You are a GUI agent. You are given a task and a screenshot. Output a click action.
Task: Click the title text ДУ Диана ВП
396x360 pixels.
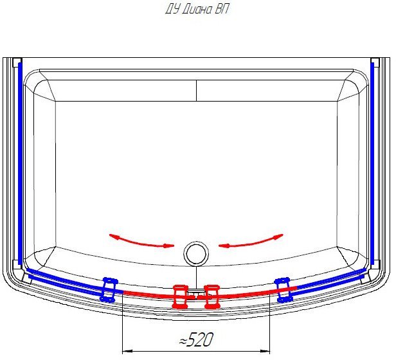[x=197, y=10]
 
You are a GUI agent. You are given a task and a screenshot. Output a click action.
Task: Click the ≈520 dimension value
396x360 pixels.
[x=196, y=339]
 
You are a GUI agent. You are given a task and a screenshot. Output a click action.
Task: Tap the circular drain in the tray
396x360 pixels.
[x=196, y=253]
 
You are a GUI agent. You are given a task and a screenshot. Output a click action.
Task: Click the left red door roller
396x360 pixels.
[x=180, y=297]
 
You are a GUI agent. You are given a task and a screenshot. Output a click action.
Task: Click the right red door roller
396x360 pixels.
[x=212, y=297]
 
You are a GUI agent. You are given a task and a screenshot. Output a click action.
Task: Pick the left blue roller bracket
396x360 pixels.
[x=109, y=290]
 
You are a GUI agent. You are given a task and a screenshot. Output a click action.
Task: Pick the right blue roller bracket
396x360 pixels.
[x=283, y=290]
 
